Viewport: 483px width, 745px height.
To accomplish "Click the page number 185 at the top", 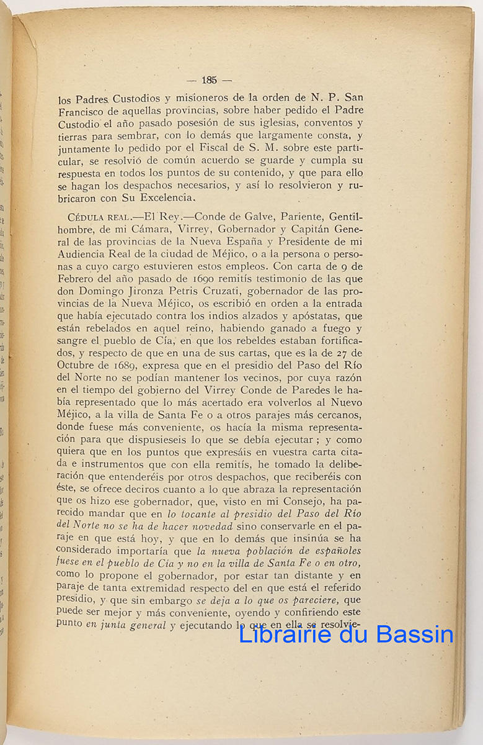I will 208,79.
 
